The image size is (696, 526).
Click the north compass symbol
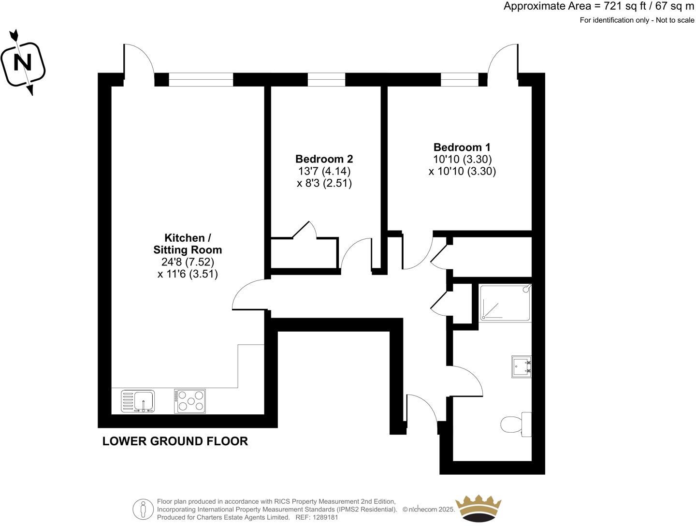(x=23, y=63)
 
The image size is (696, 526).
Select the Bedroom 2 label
(x=324, y=159)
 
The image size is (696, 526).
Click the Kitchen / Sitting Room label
(x=188, y=244)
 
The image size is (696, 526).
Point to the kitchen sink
(x=138, y=401)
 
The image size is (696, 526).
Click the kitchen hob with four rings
(x=190, y=401)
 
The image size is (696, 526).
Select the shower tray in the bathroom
(x=505, y=303)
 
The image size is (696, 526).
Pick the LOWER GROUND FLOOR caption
(x=175, y=441)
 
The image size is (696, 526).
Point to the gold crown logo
(x=479, y=508)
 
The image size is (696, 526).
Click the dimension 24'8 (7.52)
(x=188, y=262)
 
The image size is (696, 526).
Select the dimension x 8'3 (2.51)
(x=324, y=183)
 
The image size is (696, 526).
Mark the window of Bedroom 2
(x=327, y=79)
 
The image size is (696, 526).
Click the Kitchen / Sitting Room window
(x=201, y=79)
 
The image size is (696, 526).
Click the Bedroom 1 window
(x=460, y=79)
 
